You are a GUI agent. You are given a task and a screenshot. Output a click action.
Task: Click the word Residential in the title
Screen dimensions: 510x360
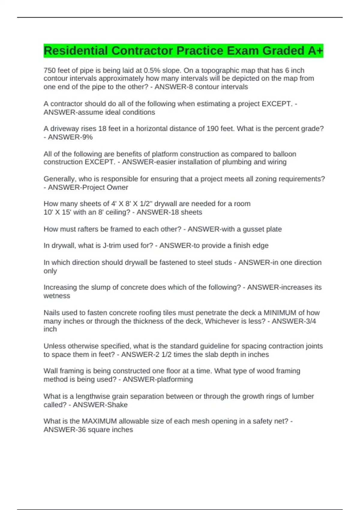pos(76,51)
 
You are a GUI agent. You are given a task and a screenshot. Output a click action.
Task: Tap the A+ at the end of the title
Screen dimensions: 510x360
pos(316,51)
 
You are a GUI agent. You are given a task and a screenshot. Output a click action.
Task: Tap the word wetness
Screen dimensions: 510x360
pos(57,296)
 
